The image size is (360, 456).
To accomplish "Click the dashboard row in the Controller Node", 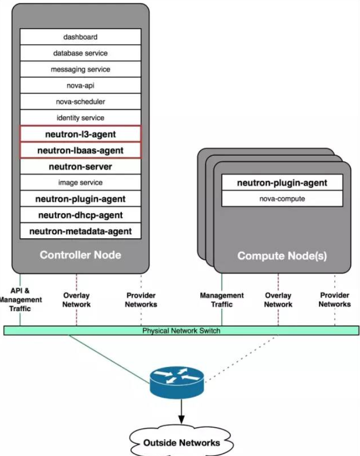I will (80, 37).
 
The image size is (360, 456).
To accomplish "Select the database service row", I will (80, 53).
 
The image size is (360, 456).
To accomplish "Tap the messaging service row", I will (80, 69).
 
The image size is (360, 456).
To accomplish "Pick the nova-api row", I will (80, 86).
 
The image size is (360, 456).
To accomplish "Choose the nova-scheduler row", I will (80, 101).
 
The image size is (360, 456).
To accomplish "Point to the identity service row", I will (80, 118).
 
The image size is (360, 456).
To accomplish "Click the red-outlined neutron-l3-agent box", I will (80, 134).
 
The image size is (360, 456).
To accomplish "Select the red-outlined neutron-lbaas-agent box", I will (80, 151).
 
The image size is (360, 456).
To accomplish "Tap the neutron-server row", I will (80, 167).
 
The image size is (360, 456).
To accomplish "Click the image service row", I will (80, 182).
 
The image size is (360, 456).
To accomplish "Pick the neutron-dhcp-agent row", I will (80, 215).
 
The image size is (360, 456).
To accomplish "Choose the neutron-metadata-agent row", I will (80, 231).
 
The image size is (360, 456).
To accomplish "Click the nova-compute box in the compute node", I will (282, 199).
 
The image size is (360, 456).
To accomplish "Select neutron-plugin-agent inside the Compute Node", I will (282, 183).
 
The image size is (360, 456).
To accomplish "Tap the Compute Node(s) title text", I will (282, 256).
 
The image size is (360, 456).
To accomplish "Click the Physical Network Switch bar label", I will (181, 331).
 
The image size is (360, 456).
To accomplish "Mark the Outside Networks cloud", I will (181, 442).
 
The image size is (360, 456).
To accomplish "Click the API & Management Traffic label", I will (20, 300).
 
